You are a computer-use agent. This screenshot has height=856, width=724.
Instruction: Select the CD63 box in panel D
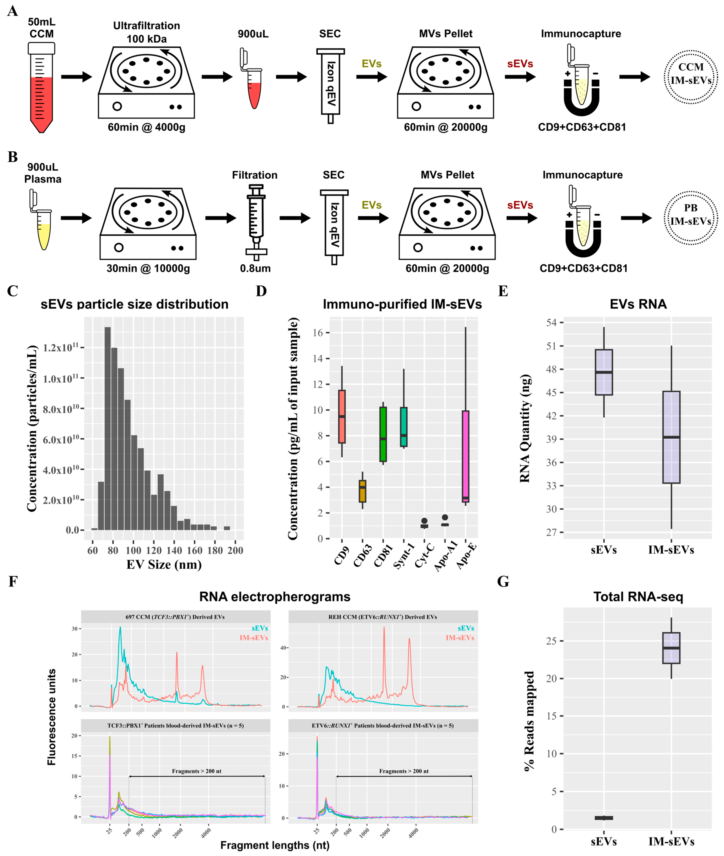click(362, 491)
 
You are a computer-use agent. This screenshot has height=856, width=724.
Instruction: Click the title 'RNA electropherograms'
click(275, 597)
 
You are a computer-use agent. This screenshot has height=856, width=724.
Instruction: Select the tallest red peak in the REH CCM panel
click(384, 628)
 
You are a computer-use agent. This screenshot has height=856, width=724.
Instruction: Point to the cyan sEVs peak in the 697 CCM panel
click(120, 628)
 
